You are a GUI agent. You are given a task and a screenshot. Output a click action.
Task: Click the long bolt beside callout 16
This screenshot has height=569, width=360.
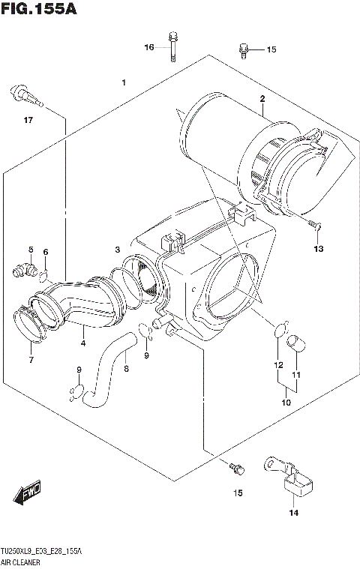click(173, 46)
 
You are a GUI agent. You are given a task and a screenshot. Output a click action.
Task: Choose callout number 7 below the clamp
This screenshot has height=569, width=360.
click(31, 360)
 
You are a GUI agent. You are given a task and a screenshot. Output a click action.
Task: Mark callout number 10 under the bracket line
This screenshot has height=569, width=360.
click(286, 403)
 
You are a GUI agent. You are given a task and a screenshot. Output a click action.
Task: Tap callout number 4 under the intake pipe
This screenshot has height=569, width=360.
click(83, 344)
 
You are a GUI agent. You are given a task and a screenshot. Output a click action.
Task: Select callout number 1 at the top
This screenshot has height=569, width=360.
click(123, 82)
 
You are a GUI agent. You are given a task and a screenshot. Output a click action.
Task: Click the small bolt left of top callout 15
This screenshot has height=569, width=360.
click(243, 49)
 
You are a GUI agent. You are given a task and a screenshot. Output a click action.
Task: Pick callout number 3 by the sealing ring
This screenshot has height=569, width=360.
click(117, 249)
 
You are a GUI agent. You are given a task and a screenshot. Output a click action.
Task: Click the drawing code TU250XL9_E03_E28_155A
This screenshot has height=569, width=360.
click(42, 551)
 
